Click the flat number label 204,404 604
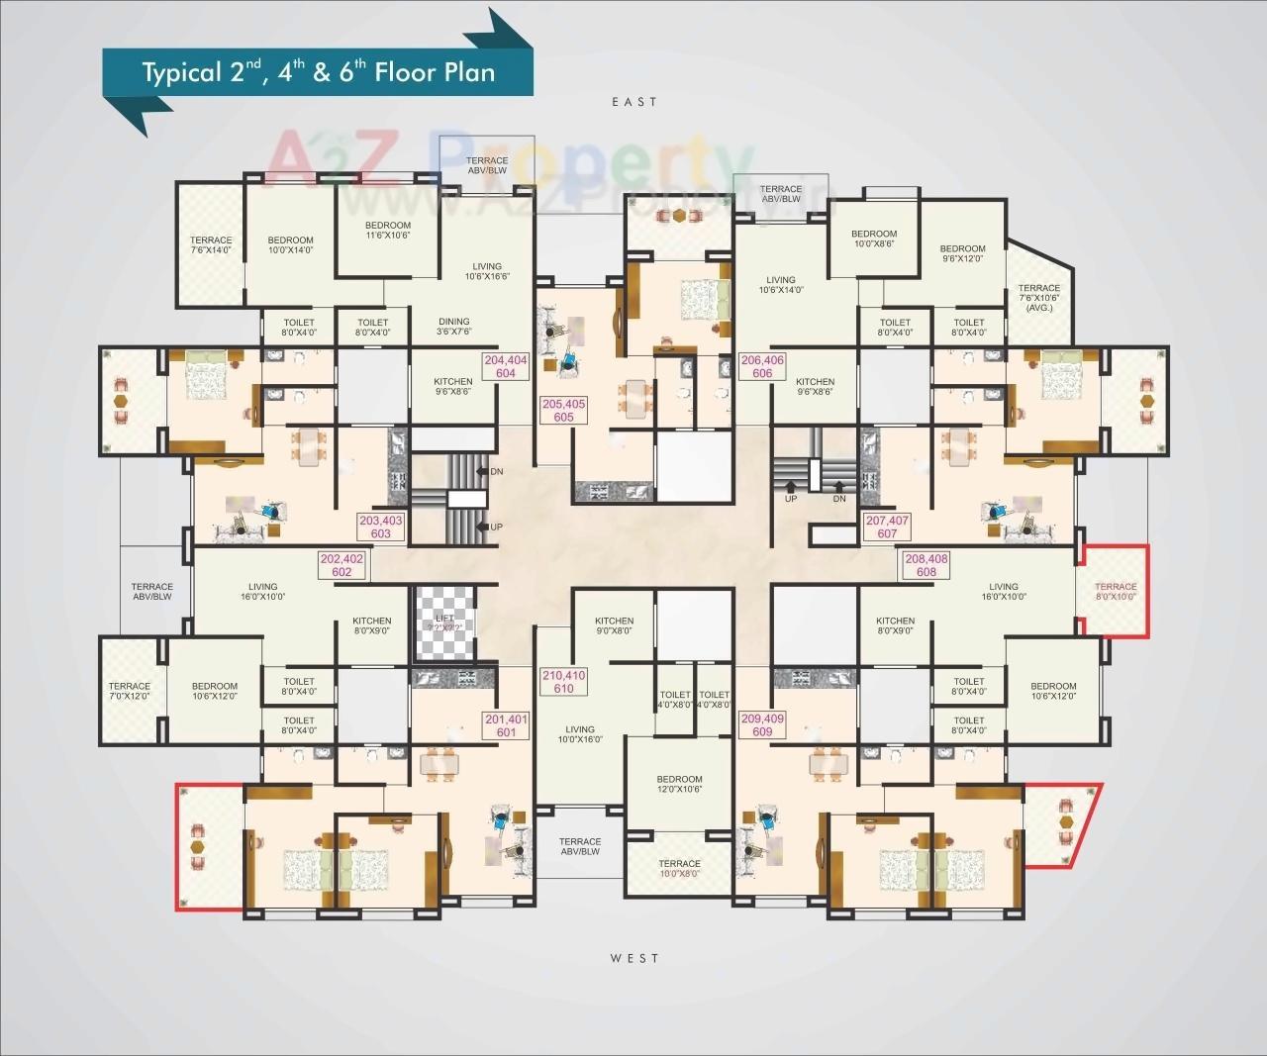coord(505,367)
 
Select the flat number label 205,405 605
coord(564,411)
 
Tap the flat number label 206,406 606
coord(762,367)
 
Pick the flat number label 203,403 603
coord(381,527)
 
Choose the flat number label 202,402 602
coord(341,565)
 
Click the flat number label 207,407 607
coord(887,527)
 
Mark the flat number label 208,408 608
coord(926,565)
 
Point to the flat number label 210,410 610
coord(563,682)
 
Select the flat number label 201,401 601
coord(506,725)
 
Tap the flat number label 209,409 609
coord(762,725)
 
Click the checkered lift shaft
coord(445,624)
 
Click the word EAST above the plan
coord(634,102)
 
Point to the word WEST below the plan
coord(634,958)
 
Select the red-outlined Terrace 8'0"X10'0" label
coord(1116,592)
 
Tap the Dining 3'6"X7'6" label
coord(454,327)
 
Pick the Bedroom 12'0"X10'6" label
coord(679,784)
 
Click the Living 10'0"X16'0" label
coord(580,734)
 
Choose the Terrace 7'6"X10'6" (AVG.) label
coord(1038,298)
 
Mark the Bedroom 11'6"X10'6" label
coord(388,230)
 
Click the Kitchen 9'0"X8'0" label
coord(614,625)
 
